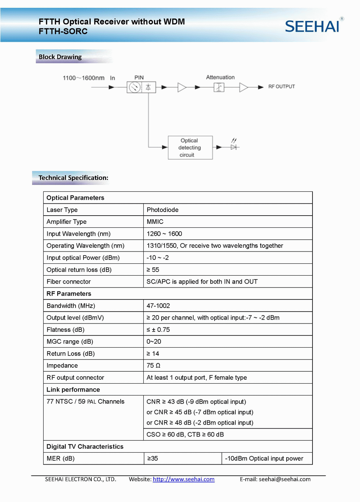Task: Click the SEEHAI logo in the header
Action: (x=312, y=26)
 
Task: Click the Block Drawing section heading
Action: (x=60, y=57)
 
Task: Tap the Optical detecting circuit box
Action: (x=190, y=148)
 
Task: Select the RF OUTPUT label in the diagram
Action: (x=281, y=86)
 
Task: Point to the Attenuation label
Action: (x=220, y=77)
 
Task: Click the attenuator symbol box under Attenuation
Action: (x=219, y=87)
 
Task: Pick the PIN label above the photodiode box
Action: (x=139, y=78)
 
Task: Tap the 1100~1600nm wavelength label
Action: (x=84, y=78)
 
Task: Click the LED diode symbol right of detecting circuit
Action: (x=234, y=147)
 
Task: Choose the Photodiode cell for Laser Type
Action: (x=163, y=210)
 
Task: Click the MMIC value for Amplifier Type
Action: (x=155, y=222)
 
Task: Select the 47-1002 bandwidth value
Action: (x=158, y=306)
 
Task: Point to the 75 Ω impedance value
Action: (x=153, y=366)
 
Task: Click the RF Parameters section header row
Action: (x=69, y=294)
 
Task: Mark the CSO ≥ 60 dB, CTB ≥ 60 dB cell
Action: (x=185, y=434)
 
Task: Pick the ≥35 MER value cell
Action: (x=153, y=458)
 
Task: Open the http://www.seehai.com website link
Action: (x=184, y=479)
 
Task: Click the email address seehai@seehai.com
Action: (x=284, y=479)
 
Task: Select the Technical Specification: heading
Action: (x=73, y=178)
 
